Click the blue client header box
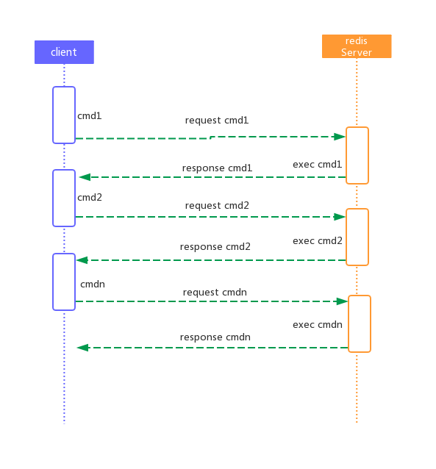click(64, 52)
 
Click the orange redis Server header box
click(357, 46)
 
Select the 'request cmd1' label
click(217, 121)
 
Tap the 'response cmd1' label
click(217, 168)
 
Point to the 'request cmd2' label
click(217, 206)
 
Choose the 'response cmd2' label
click(215, 247)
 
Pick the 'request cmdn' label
click(215, 293)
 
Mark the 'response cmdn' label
click(215, 337)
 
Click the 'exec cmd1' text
click(317, 164)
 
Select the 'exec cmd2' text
click(317, 241)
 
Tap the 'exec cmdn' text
click(317, 324)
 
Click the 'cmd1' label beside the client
click(90, 115)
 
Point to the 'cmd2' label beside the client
click(90, 198)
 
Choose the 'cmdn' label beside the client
click(93, 284)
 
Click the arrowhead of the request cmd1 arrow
click(340, 137)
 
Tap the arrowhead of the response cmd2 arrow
click(82, 260)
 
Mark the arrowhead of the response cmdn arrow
click(82, 348)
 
